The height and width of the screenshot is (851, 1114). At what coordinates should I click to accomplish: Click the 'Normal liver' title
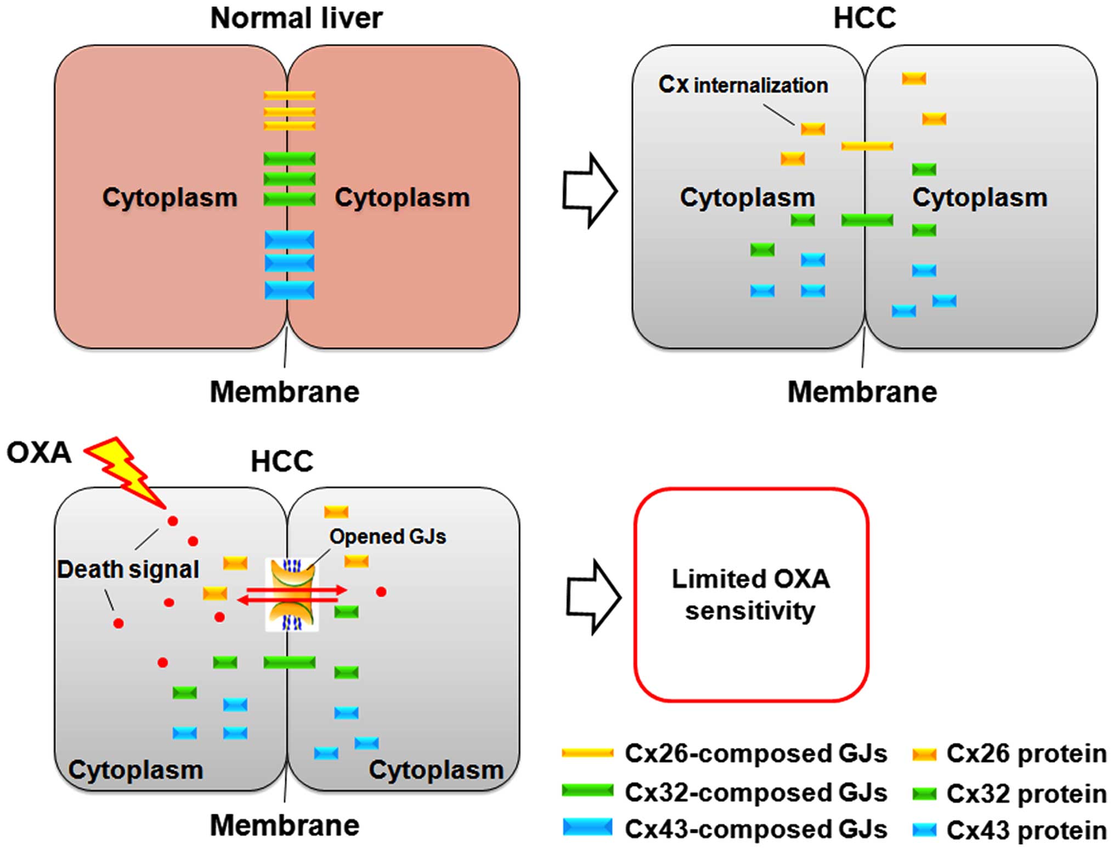point(296,18)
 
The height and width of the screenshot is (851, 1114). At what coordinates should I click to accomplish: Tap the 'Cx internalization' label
point(743,85)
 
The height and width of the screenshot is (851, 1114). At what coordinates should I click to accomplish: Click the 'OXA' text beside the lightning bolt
point(38,453)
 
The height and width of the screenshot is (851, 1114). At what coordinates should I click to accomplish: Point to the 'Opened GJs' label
point(387,536)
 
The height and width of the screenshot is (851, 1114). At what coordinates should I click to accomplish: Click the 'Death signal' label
point(128,569)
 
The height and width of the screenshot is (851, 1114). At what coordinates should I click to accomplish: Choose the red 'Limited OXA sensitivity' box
point(751,594)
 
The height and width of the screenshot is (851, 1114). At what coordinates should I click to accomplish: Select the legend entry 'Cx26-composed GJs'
point(724,753)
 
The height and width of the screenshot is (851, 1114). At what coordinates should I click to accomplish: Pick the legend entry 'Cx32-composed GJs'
point(724,792)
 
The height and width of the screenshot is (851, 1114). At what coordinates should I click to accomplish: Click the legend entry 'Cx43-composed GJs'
point(724,829)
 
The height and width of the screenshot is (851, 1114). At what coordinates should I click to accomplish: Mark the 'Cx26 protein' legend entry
point(1009,754)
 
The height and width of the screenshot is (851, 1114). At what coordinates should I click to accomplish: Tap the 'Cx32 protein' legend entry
point(1009,793)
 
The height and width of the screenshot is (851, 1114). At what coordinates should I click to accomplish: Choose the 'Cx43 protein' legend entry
point(1009,830)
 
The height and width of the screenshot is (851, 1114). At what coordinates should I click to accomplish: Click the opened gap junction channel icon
point(292,594)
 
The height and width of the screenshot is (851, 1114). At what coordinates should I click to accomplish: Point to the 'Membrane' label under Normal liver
point(284,392)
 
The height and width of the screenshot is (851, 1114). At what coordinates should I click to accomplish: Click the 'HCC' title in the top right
point(864,18)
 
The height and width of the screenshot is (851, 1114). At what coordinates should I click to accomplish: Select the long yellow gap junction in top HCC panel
point(867,146)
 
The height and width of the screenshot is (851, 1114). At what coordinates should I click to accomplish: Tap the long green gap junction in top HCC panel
point(867,220)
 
